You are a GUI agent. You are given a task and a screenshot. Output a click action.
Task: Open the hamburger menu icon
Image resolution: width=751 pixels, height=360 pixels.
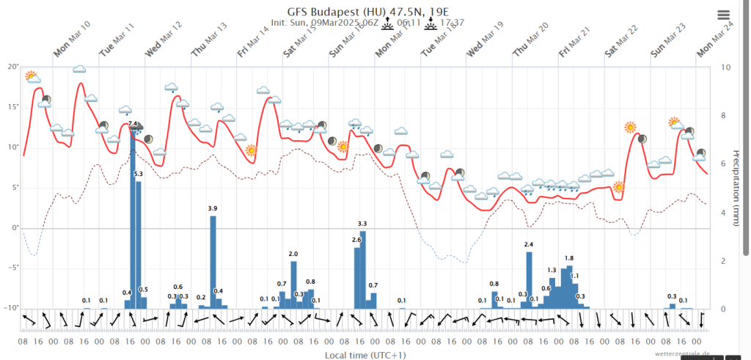(x=724, y=15)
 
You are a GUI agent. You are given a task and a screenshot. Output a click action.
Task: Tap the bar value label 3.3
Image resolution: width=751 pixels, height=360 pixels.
(x=362, y=223)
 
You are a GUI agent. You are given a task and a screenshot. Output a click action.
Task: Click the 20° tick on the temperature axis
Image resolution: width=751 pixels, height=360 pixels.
(x=12, y=67)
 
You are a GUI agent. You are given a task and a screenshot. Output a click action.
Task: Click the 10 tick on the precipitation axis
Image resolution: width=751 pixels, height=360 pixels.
(x=725, y=67)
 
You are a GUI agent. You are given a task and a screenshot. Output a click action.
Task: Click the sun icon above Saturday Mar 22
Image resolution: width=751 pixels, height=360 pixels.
(x=630, y=127)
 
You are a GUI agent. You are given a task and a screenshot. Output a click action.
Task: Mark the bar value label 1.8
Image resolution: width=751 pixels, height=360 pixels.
(x=569, y=258)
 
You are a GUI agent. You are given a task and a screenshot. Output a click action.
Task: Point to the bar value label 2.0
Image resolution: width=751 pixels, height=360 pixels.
(x=293, y=254)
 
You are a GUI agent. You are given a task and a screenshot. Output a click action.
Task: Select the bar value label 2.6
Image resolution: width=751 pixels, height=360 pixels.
(x=356, y=240)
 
